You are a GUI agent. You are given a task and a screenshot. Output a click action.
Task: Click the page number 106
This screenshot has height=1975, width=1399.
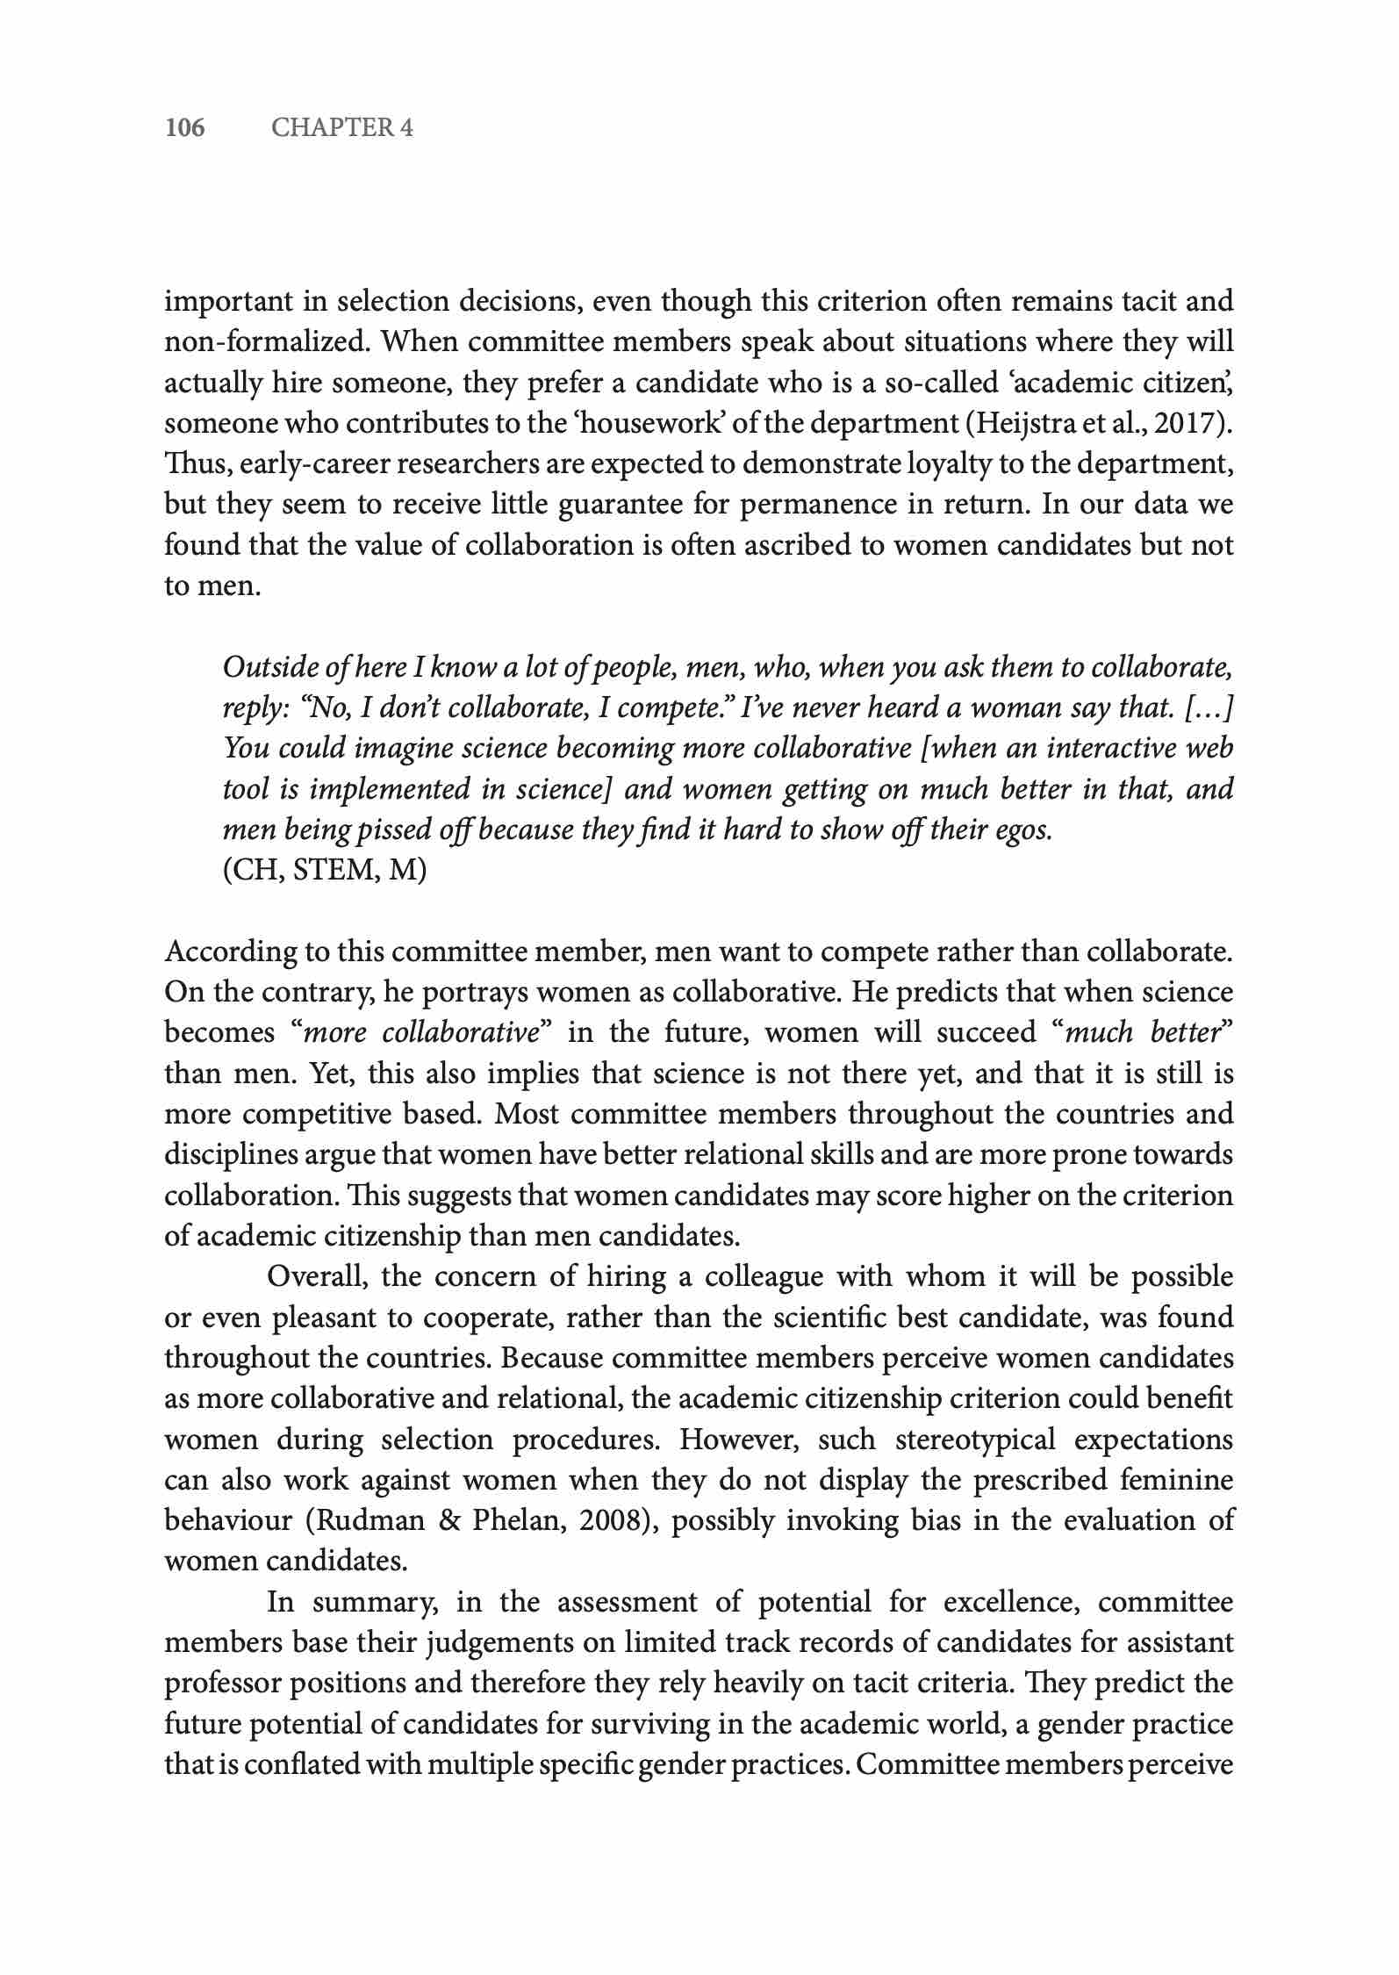[x=184, y=128]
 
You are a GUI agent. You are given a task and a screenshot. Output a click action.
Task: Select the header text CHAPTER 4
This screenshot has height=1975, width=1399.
[x=341, y=128]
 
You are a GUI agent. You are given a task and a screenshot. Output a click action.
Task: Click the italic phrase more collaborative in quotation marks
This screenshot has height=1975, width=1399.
[x=420, y=1032]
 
